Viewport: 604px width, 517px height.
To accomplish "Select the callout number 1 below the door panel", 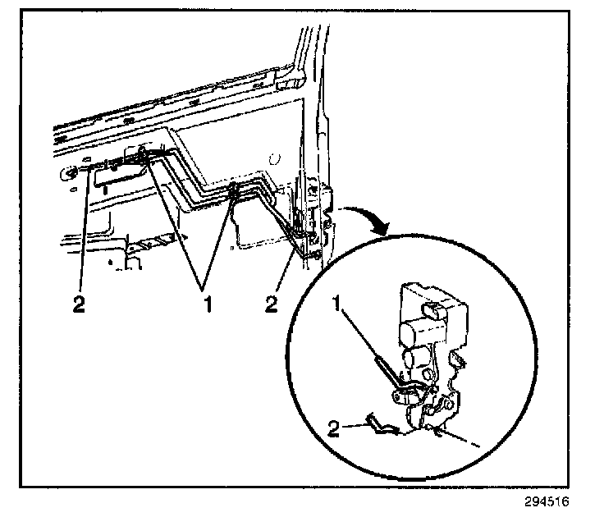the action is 208,304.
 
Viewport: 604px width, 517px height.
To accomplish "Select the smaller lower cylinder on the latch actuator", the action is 414,359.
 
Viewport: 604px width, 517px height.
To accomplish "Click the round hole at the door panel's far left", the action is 69,172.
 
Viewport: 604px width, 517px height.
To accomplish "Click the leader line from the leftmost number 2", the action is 83,230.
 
